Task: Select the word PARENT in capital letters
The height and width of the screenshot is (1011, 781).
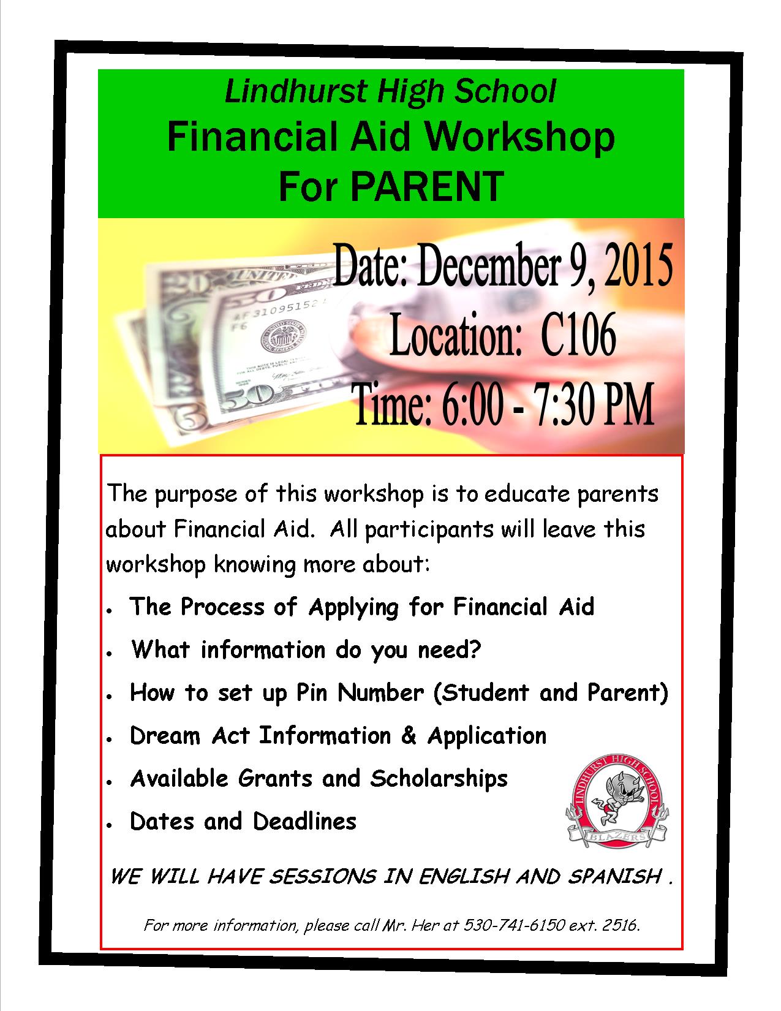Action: click(427, 186)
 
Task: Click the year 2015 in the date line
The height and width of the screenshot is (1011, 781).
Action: click(638, 266)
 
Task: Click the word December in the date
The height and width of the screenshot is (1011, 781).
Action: click(488, 266)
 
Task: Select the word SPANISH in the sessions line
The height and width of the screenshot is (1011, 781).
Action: click(615, 876)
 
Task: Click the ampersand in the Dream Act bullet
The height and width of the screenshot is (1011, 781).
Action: click(409, 735)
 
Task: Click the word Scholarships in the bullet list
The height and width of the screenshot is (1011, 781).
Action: click(439, 778)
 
